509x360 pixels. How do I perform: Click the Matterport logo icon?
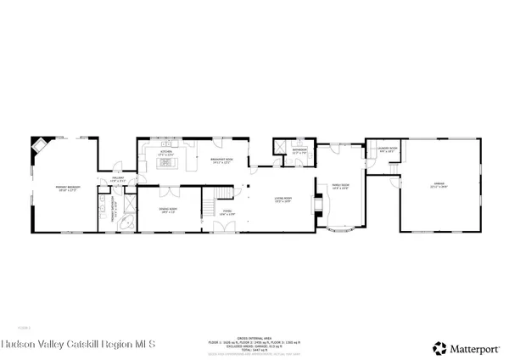tap(439, 347)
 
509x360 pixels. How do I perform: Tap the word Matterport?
tap(476, 347)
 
